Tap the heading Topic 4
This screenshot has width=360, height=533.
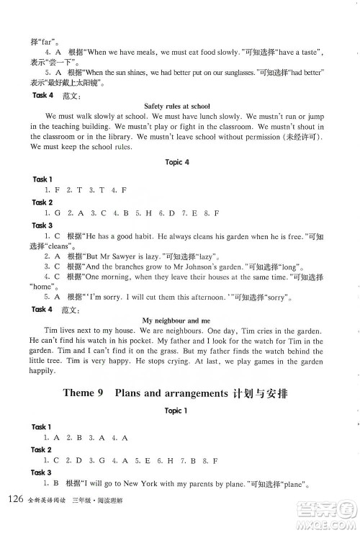(x=176, y=162)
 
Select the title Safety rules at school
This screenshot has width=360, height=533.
(x=176, y=106)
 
